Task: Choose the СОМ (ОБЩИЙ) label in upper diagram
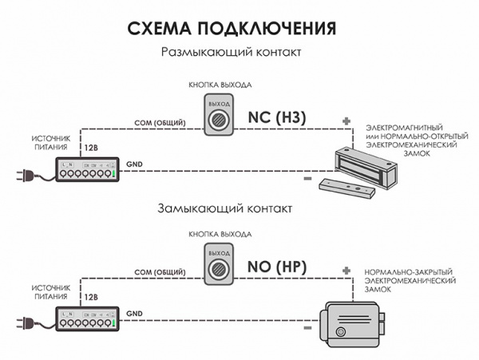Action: (159, 123)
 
